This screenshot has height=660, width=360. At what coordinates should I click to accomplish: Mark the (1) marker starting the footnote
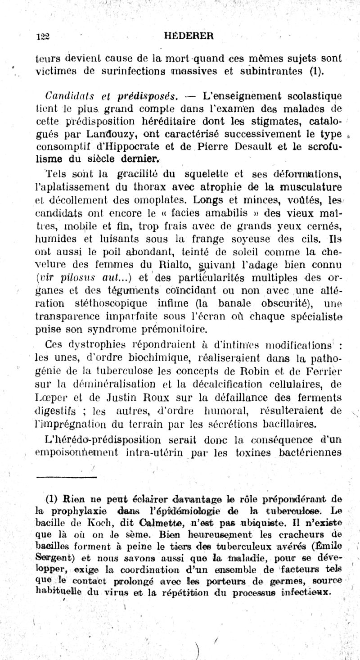point(53,499)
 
